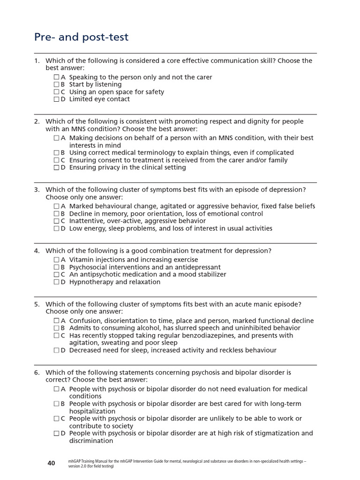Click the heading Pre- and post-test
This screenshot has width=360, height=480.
[x=81, y=37]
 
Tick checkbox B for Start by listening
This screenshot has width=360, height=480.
[x=56, y=84]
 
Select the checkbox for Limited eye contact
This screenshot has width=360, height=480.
[x=56, y=99]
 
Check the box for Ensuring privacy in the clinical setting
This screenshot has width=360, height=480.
[x=56, y=167]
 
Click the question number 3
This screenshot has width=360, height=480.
[x=37, y=189]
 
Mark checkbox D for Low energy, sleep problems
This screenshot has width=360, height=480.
[x=56, y=229]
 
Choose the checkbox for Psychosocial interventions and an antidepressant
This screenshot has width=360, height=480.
[x=56, y=267]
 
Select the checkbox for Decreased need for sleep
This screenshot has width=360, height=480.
[x=56, y=351]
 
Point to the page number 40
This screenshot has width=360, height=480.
[x=51, y=463]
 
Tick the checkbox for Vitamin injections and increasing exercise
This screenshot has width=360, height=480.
[x=56, y=260]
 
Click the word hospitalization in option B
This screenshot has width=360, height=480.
[x=92, y=411]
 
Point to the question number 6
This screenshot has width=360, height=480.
[x=37, y=372]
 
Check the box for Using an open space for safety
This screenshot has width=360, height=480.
[x=56, y=92]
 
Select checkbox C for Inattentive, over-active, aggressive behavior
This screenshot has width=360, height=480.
[x=56, y=221]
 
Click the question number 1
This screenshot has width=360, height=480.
[x=37, y=61]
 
